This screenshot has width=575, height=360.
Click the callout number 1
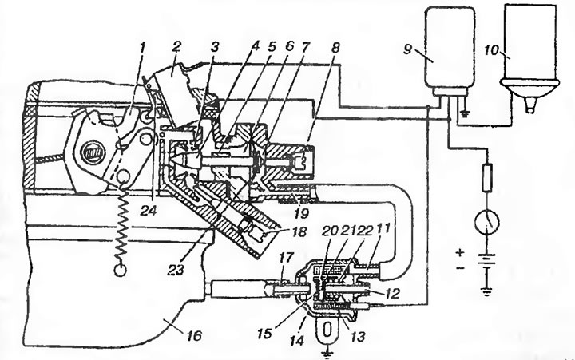pos(143,47)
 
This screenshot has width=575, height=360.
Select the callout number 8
pos(335,48)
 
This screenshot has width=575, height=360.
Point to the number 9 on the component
pos(408,49)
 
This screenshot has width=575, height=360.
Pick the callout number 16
pos(196,335)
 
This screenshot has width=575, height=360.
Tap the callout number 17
pos(287,258)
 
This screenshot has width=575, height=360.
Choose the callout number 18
pos(299,231)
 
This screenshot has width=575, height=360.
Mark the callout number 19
pos(301,212)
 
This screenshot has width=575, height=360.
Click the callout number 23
pos(176,271)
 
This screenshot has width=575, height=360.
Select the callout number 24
pos(149,211)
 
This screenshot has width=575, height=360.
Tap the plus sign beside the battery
pos(461,252)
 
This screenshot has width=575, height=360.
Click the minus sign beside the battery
pos(461,269)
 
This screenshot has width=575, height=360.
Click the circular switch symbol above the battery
pos(486,222)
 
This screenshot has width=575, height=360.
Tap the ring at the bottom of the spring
pos(121,270)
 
